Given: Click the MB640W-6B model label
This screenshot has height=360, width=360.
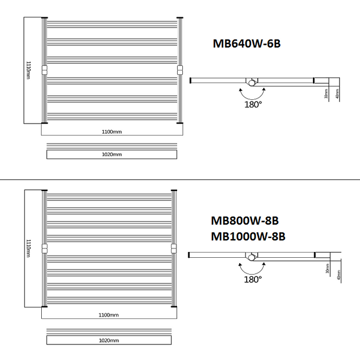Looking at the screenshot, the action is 247,44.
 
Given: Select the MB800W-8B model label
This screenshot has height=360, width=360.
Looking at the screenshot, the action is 245,221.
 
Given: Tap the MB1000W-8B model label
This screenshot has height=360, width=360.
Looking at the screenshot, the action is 248,236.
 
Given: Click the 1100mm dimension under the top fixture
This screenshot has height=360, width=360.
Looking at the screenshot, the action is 112,132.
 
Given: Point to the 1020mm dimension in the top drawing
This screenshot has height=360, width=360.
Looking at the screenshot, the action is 112,154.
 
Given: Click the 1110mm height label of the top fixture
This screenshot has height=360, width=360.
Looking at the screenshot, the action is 28,70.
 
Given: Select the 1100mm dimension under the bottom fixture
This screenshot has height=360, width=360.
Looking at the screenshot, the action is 109,315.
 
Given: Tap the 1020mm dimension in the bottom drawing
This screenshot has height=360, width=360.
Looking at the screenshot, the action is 109,340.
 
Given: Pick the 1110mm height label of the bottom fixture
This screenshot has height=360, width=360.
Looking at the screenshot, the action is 28,248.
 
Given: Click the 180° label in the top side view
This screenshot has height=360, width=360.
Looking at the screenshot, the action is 253,105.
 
